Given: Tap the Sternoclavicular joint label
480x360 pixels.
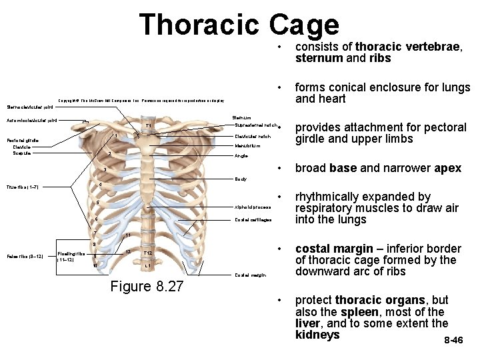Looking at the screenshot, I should [27, 106].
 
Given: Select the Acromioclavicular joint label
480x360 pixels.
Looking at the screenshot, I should [31, 121].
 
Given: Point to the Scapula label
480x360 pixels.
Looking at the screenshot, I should [21, 153].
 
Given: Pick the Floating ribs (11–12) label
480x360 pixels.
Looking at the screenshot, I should [71, 257].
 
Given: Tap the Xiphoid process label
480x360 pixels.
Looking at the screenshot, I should [252, 207].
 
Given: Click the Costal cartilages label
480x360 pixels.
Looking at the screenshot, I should [253, 220].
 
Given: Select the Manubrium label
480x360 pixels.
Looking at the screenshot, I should [247, 146].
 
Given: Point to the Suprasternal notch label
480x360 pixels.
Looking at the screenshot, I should [256, 125].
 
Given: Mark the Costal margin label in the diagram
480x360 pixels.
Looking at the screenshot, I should [250, 275].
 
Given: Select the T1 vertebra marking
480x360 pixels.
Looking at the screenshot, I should [149, 126].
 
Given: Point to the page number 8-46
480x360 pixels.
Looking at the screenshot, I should [453, 340].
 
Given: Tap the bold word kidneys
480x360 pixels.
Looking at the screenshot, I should [317, 335].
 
